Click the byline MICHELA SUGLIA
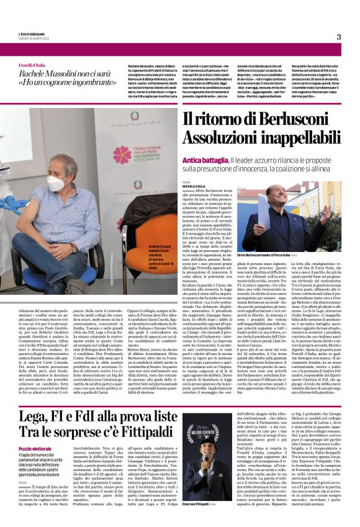click(x=194, y=186)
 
